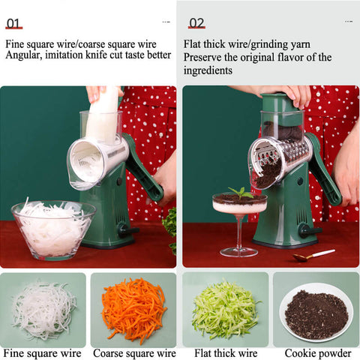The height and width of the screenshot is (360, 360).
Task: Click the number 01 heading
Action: (13, 24)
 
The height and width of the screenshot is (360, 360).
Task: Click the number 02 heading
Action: (196, 23)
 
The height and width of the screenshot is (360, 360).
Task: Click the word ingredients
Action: (208, 70)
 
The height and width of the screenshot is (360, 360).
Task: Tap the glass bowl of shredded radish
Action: (53, 230)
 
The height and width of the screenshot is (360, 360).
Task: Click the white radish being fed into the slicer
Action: (103, 115)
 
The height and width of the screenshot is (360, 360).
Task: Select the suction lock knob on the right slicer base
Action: (310, 230)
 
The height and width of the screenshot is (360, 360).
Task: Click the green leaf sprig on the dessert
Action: (241, 193)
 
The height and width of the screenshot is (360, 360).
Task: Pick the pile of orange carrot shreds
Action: (134, 310)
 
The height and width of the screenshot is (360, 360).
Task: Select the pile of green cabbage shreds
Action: (226, 310)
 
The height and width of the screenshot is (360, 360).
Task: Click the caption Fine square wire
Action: (42, 353)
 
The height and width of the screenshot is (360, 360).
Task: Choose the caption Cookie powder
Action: (318, 354)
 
